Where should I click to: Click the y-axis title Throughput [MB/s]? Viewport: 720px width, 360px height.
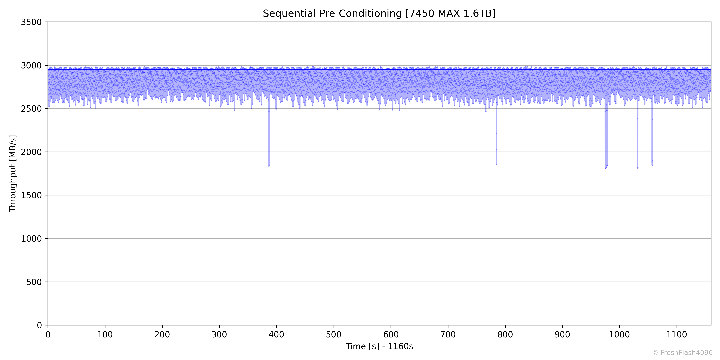(x=13, y=174)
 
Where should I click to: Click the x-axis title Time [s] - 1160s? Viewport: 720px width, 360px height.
(x=379, y=346)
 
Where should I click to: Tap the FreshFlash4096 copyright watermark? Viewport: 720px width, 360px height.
(x=682, y=353)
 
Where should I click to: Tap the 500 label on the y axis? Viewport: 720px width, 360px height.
(x=34, y=282)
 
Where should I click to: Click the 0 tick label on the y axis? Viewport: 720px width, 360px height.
(x=39, y=325)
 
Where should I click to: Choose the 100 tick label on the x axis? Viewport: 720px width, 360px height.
(x=105, y=335)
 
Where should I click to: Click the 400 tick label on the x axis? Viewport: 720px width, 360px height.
(x=276, y=335)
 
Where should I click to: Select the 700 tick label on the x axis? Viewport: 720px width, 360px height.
(x=448, y=335)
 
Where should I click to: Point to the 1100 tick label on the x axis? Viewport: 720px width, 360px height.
(x=677, y=335)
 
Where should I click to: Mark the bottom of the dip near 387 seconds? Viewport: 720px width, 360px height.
(x=269, y=166)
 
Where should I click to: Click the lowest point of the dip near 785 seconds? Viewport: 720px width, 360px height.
(x=496, y=164)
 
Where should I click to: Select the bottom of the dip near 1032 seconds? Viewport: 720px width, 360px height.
(x=638, y=168)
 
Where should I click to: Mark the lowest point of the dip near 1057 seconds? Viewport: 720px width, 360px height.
(x=652, y=165)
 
